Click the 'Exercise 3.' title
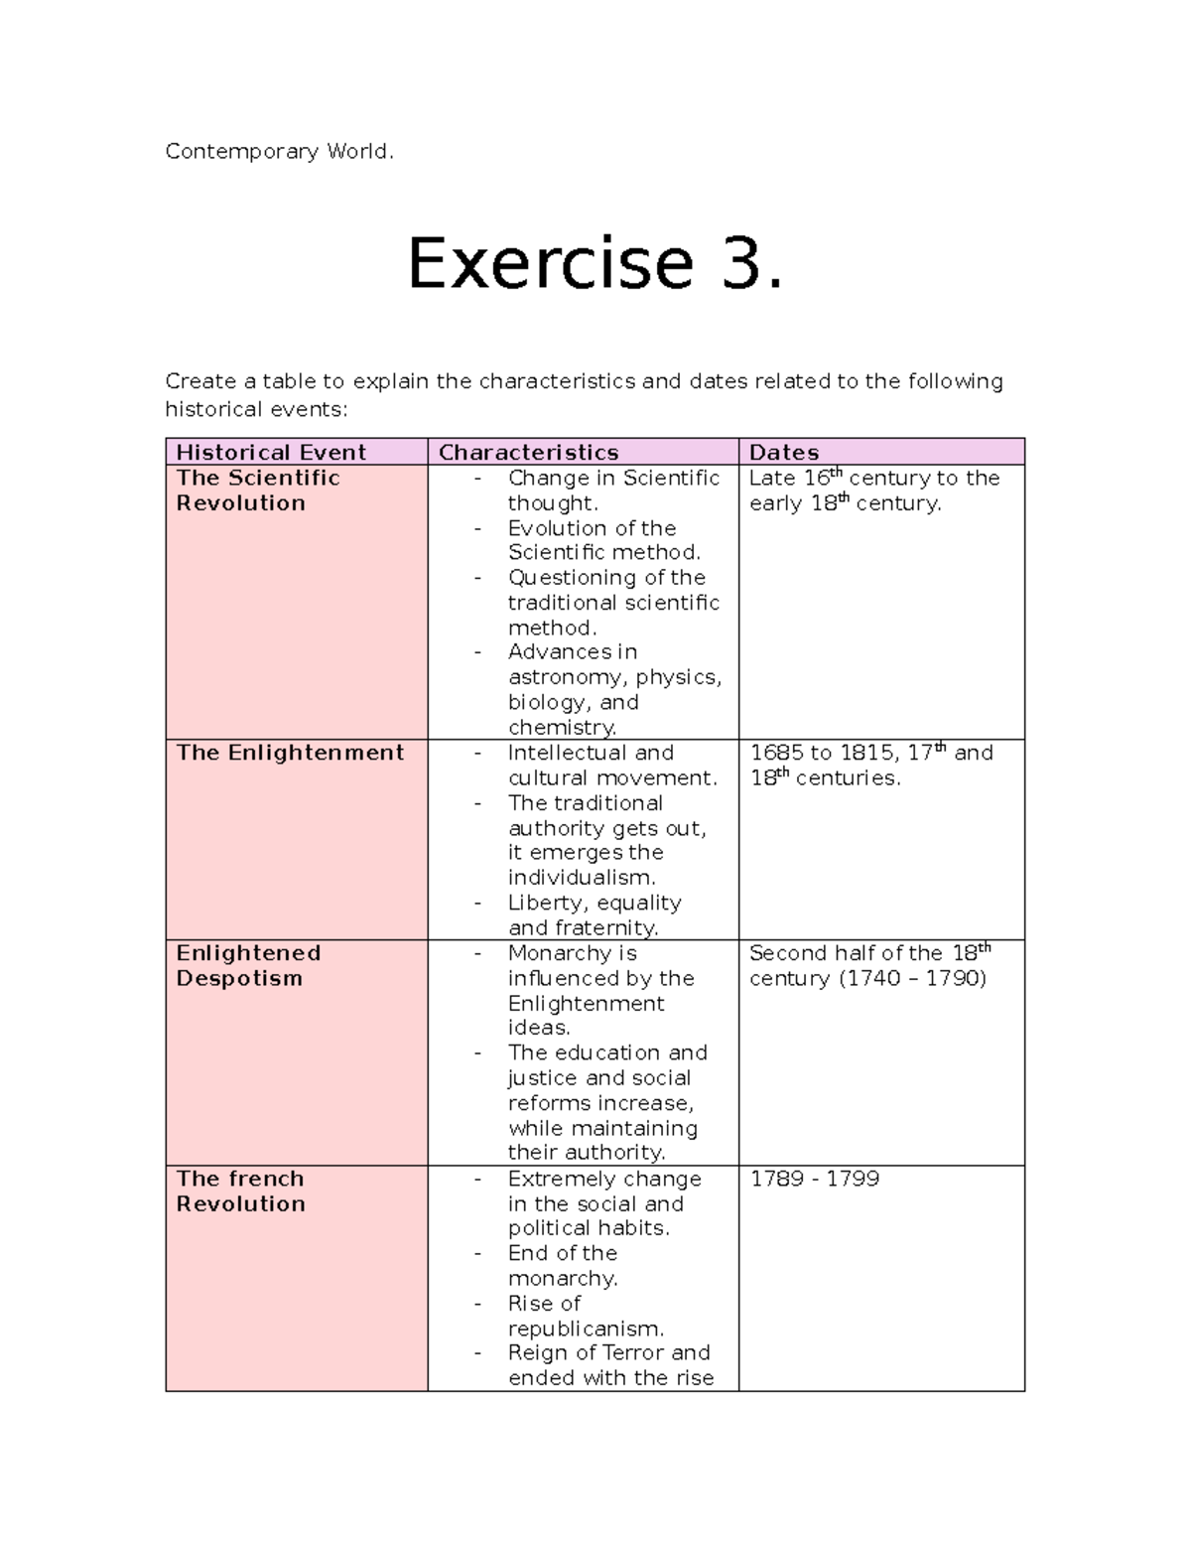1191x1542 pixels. point(595,264)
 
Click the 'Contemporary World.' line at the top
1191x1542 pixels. point(279,152)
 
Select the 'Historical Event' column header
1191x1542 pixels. point(271,453)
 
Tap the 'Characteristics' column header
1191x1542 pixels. point(528,453)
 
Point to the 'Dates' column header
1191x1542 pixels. point(783,453)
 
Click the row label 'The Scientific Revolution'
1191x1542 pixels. point(258,491)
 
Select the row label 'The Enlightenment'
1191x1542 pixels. point(290,753)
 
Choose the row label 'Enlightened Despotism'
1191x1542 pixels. point(248,965)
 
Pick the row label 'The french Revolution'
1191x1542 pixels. point(240,1191)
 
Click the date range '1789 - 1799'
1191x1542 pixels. point(814,1179)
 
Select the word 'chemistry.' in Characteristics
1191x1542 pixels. point(562,728)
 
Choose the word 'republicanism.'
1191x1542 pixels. point(586,1329)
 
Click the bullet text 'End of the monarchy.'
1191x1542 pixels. point(563,1266)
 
